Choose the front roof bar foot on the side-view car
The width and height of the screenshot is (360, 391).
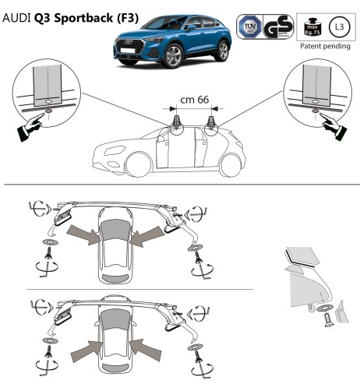[178, 122]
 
